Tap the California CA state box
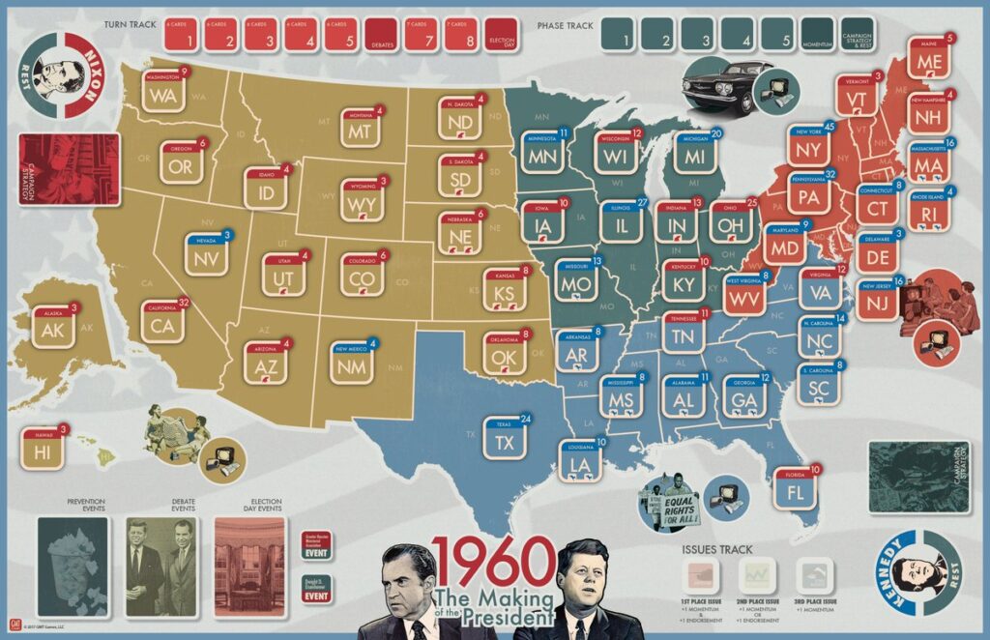pyautogui.click(x=161, y=324)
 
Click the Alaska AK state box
pyautogui.click(x=51, y=328)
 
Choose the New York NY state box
pyautogui.click(x=809, y=148)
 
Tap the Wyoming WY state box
pyautogui.click(x=363, y=201)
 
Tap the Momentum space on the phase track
pyautogui.click(x=817, y=36)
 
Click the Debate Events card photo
pyautogui.click(x=160, y=566)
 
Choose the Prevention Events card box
pyautogui.click(x=73, y=566)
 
